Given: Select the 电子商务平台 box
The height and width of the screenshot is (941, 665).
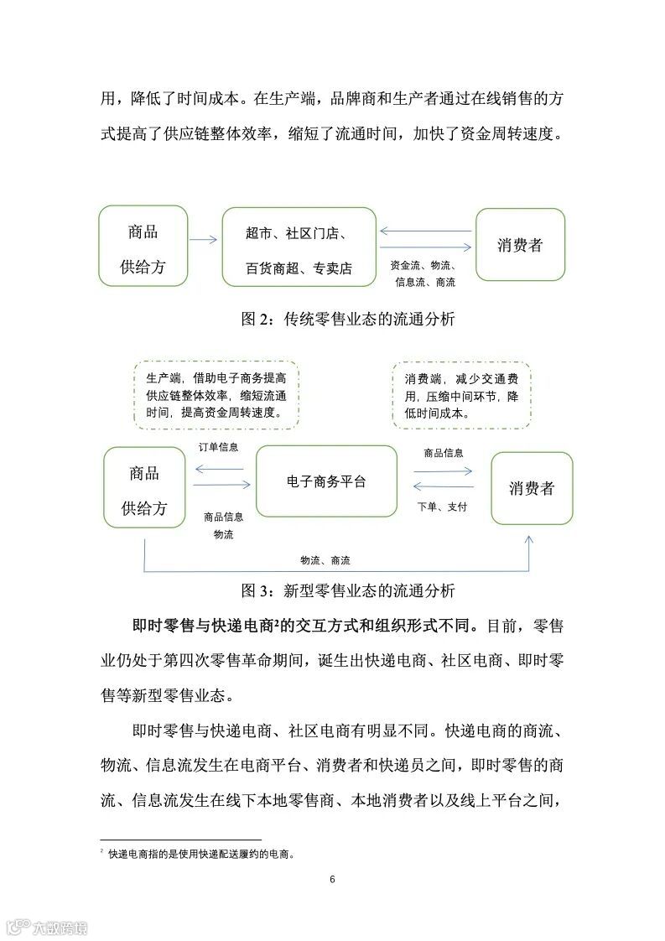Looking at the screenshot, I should click(325, 481).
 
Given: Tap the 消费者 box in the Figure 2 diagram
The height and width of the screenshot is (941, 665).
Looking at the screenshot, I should click(520, 245).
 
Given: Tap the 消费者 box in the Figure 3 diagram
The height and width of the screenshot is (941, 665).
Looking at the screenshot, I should click(532, 488).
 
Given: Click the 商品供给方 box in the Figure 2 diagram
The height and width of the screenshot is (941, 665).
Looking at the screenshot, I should click(143, 245).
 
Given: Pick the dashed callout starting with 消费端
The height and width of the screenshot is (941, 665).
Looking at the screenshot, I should click(461, 396).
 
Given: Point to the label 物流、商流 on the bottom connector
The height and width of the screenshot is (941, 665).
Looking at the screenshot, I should click(325, 559).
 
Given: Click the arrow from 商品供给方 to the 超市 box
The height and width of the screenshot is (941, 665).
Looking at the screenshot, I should click(204, 241).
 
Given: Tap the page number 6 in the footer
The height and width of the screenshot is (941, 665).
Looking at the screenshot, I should click(333, 879).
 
